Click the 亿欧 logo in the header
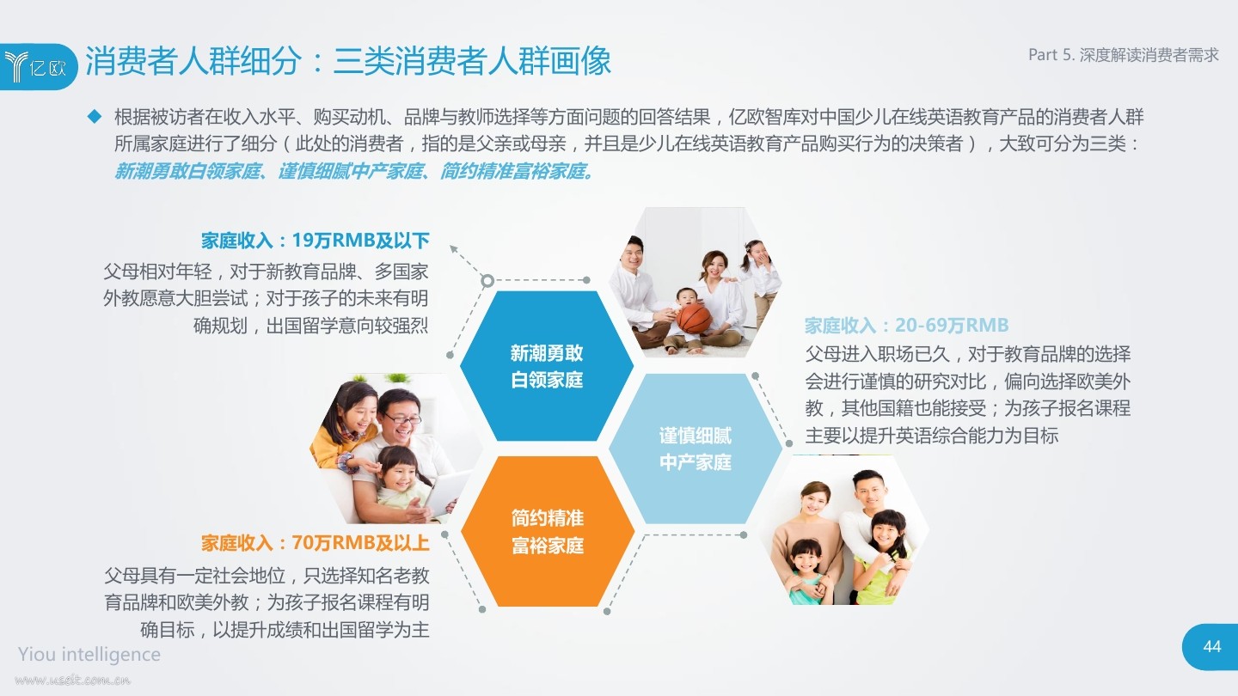(35, 67)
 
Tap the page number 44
(1211, 646)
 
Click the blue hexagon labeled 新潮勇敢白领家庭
(547, 366)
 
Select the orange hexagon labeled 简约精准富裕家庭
(547, 531)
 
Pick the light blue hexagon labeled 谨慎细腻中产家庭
(696, 449)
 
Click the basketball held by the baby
(694, 318)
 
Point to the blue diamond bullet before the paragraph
(95, 117)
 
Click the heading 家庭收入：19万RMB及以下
(315, 241)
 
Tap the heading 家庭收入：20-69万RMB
(906, 325)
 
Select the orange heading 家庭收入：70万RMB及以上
(315, 543)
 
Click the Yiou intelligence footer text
(89, 654)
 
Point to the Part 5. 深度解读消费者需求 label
(1123, 55)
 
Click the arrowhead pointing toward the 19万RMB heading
(453, 248)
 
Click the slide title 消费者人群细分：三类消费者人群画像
(348, 60)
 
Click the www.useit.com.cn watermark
(72, 680)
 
